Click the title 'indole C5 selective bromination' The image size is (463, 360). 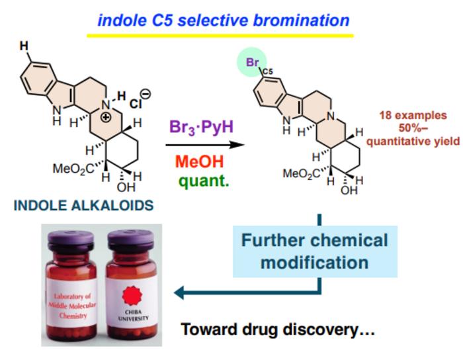click(x=223, y=19)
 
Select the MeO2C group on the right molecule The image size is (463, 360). click(x=301, y=174)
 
